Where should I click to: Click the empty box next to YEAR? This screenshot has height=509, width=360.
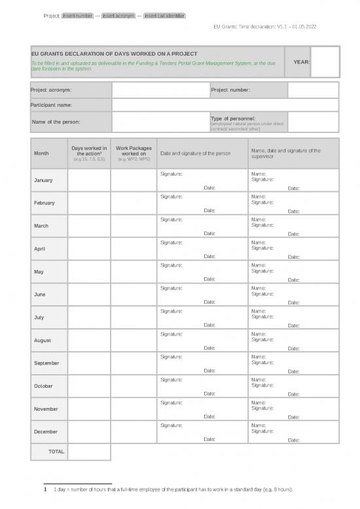coord(325,62)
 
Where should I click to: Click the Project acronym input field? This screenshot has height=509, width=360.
coord(160,90)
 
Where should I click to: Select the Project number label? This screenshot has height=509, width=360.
coord(230,90)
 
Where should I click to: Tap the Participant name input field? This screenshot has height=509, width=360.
coord(225,105)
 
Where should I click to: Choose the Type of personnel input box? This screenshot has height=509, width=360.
coord(313,122)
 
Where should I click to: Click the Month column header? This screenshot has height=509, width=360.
coord(41,153)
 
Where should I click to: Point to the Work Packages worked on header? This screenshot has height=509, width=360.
coord(133,153)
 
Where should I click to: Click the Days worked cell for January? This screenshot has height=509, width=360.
coord(89,180)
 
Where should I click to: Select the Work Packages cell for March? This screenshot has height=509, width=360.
coord(133,226)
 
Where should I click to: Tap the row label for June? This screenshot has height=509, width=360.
coord(40,295)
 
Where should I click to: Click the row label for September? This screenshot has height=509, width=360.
coord(46,363)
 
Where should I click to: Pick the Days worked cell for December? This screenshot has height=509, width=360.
coord(89,432)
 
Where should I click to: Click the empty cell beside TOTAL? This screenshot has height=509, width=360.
coord(89,452)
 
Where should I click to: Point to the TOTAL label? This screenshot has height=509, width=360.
coord(56,452)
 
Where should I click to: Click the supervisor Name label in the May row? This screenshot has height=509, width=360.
coord(258,265)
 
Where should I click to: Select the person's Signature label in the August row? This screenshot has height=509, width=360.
coord(171,334)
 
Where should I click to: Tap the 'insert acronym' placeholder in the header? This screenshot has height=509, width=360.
coord(118,16)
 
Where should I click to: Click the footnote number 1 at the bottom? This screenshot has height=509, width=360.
coord(43,489)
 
